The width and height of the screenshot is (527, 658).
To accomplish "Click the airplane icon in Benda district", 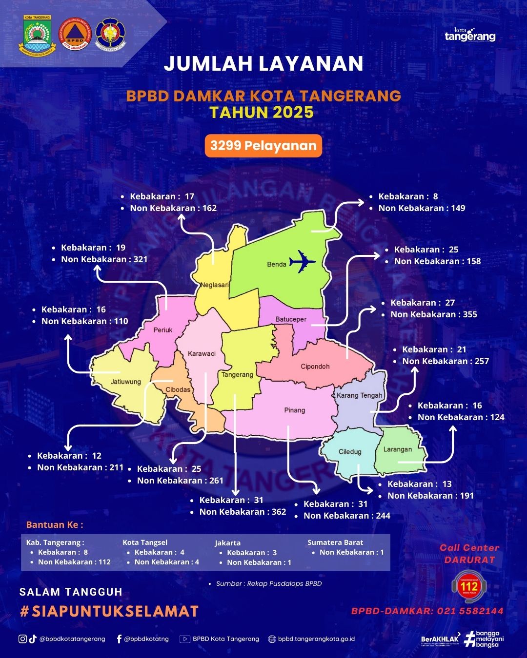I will [x=303, y=262].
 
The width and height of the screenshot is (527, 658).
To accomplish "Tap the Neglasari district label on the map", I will [x=214, y=285].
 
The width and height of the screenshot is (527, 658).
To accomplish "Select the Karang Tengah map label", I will [x=359, y=395].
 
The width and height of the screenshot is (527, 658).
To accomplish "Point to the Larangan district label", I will [x=397, y=449].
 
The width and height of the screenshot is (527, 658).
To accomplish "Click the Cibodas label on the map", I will [x=178, y=389].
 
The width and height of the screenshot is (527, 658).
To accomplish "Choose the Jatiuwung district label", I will [x=125, y=382].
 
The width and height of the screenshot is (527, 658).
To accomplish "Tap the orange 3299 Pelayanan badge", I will [x=263, y=146].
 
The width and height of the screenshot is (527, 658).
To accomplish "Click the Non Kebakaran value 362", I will [x=279, y=512].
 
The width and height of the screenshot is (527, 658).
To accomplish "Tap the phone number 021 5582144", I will [x=470, y=611].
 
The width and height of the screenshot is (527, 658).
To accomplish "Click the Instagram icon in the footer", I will [x=22, y=639].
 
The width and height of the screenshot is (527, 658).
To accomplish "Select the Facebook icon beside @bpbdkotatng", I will [x=119, y=639].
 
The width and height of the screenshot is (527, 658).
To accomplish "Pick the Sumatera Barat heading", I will [x=335, y=542].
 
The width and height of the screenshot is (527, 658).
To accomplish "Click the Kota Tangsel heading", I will [x=145, y=542].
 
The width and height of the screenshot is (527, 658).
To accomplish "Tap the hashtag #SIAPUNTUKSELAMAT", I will [x=109, y=611].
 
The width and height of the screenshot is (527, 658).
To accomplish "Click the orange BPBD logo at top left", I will [x=75, y=34].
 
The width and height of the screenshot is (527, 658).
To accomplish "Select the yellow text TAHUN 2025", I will [x=262, y=113].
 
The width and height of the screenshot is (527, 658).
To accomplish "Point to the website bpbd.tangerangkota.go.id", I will [x=316, y=639].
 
